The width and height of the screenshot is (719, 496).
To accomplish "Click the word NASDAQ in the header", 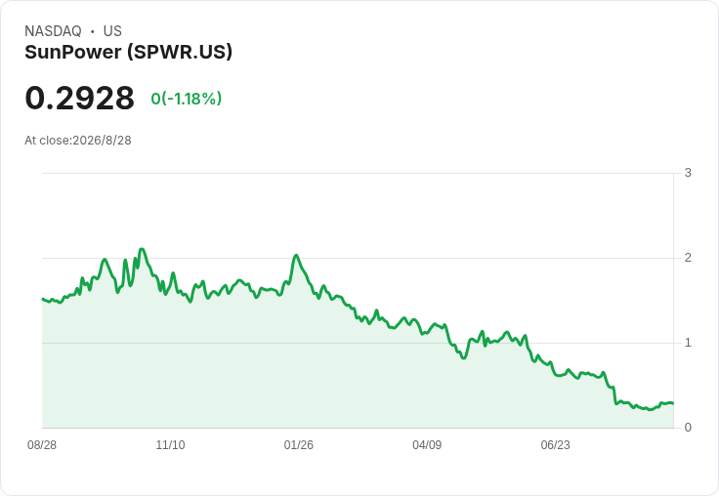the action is point(53,31).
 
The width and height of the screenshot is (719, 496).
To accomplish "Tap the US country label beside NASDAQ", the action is point(112,31).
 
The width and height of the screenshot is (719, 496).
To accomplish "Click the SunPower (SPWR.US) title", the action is point(128,53).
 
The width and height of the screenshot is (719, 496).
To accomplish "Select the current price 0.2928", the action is point(79,98).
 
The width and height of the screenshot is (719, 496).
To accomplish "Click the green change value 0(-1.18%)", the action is point(187,99).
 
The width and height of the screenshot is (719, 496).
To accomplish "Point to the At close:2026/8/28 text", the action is point(78,141).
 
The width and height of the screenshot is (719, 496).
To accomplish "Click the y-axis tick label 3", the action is point(688,173).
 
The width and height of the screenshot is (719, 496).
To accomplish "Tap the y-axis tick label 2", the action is point(688,258).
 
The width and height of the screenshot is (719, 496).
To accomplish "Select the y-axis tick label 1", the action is point(688,343).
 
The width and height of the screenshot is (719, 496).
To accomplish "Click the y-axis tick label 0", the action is point(688,428).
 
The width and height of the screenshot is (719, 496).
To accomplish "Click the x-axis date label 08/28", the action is point(42,445).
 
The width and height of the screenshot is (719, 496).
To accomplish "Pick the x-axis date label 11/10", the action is point(170,445).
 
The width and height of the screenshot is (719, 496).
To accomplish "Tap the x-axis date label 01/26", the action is point(299,445).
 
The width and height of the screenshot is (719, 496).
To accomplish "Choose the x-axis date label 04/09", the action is point(427,445).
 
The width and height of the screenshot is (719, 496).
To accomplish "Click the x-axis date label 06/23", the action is point(555,445).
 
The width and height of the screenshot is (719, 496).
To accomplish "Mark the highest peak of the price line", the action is point(142,249).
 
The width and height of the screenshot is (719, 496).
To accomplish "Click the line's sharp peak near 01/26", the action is point(296,256).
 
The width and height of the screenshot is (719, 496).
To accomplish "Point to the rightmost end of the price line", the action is point(673,403).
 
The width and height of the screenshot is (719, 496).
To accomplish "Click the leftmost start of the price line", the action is point(43,299).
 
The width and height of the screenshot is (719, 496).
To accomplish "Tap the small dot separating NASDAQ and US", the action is point(92,31).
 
